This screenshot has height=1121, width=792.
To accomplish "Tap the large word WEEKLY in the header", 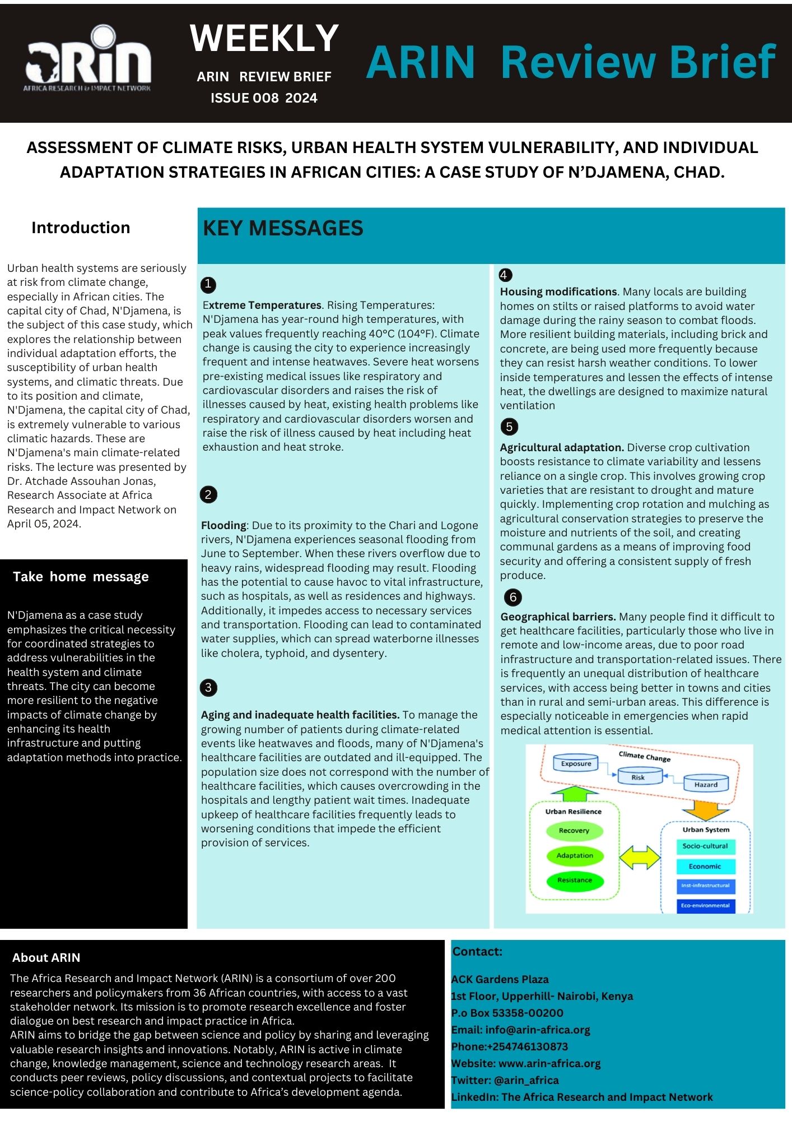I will [x=264, y=38].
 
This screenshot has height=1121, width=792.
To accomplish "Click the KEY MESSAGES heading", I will [x=283, y=228].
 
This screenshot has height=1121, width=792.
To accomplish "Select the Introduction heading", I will [x=81, y=228].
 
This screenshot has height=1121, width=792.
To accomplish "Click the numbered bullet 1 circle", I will [x=208, y=285].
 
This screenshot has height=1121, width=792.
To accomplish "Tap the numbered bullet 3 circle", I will [x=208, y=688].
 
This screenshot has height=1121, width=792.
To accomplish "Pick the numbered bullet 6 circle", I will [x=513, y=597].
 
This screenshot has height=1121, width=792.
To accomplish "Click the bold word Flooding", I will [x=223, y=525].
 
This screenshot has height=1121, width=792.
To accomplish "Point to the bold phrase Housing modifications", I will [x=558, y=291].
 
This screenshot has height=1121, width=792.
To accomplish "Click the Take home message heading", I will [x=81, y=577].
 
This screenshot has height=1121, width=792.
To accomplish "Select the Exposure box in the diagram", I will [x=576, y=763].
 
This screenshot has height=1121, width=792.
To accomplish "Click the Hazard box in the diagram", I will [x=705, y=784].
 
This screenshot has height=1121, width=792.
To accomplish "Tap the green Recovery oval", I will [x=574, y=831].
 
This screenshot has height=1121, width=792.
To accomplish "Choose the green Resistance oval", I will [x=574, y=880].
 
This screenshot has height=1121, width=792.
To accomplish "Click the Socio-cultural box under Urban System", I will [x=705, y=846].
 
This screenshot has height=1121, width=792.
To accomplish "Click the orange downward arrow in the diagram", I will [x=705, y=809].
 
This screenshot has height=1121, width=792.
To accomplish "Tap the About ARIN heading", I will [x=46, y=958].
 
